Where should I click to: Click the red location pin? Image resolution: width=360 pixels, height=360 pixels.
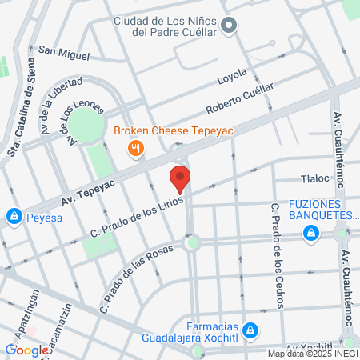[x=180, y=178]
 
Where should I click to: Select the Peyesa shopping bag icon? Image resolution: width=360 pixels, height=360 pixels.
[x=14, y=216]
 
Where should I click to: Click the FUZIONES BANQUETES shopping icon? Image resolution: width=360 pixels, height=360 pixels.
[x=310, y=233]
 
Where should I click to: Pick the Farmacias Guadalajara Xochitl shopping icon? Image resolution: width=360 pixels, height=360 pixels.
[x=250, y=330]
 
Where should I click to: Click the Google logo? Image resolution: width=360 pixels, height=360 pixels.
[x=26, y=349]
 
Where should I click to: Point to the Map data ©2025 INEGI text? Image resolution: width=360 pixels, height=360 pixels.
[x=312, y=354]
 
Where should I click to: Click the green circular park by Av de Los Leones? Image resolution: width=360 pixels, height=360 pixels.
[x=86, y=126]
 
